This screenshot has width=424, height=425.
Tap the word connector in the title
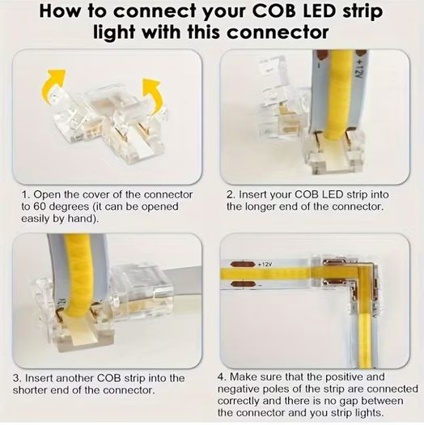278,32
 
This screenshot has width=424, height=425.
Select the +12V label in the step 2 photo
358,70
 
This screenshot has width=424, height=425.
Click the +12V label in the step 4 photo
265,264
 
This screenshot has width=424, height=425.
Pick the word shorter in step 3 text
28,390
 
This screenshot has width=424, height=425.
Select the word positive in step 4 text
343,377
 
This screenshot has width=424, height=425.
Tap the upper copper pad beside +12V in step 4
243,264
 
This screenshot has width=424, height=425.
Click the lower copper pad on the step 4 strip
243,284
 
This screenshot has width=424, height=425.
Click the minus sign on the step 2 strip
320,66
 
